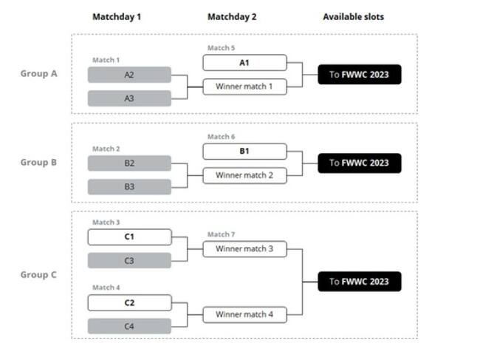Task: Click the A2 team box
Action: pyautogui.click(x=129, y=75)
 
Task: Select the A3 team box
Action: pyautogui.click(x=129, y=98)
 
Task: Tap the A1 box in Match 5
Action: pyautogui.click(x=244, y=63)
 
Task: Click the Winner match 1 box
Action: pyautogui.click(x=244, y=86)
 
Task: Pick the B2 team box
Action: pyautogui.click(x=129, y=163)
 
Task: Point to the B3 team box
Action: pyautogui.click(x=129, y=187)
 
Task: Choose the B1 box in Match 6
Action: pyautogui.click(x=244, y=152)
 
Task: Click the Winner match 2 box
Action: pyautogui.click(x=244, y=175)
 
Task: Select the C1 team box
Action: pyautogui.click(x=129, y=237)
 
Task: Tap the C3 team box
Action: pyautogui.click(x=129, y=261)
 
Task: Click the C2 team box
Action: pyautogui.click(x=129, y=302)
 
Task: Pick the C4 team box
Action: pyautogui.click(x=129, y=326)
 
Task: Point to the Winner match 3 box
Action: pyautogui.click(x=244, y=249)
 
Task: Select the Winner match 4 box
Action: pyautogui.click(x=244, y=315)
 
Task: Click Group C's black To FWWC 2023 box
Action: pyautogui.click(x=360, y=282)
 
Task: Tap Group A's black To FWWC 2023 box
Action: pyautogui.click(x=360, y=75)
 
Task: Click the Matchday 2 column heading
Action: pyautogui.click(x=232, y=17)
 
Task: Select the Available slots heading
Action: pyautogui.click(x=354, y=17)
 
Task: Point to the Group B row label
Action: pyautogui.click(x=38, y=163)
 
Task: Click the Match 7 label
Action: pyautogui.click(x=221, y=234)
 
